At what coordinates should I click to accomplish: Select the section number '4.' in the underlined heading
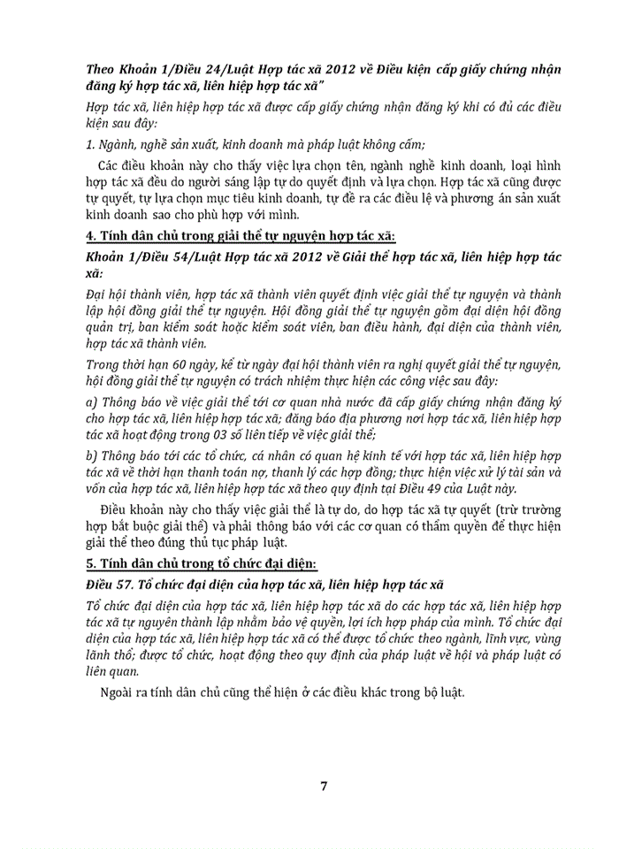tap(90, 236)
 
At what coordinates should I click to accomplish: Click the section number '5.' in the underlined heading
tap(90, 565)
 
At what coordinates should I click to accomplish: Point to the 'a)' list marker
tap(92, 401)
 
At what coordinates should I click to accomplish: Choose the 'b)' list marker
tap(92, 455)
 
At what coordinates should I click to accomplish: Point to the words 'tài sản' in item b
tap(538, 472)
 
